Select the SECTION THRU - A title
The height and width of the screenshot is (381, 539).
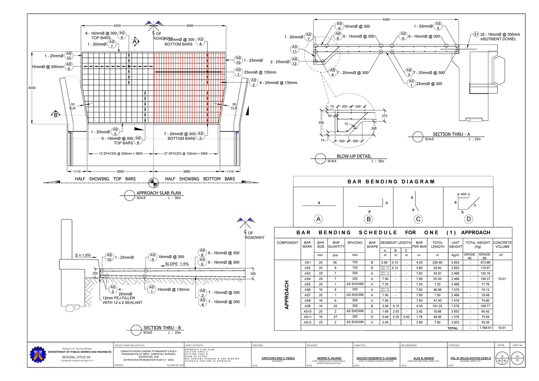click(451, 135)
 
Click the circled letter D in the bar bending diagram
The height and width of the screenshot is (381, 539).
click(468, 219)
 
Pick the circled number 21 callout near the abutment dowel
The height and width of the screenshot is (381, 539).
click(476, 35)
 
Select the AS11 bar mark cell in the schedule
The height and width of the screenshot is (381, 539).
click(308, 317)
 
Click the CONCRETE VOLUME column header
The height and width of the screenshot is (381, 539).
click(503, 245)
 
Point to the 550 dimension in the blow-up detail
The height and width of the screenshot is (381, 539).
click(321, 123)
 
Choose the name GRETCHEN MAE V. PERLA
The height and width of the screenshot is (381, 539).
click(278, 358)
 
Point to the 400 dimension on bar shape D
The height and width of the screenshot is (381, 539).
click(463, 194)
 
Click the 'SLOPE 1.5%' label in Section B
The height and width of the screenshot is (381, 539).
click(177, 264)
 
